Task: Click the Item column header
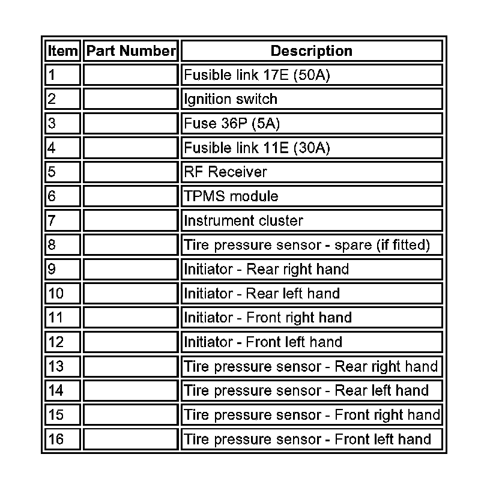pyautogui.click(x=63, y=51)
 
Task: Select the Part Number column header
pyautogui.click(x=131, y=51)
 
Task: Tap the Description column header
pyautogui.click(x=311, y=51)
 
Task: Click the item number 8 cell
pyautogui.click(x=63, y=245)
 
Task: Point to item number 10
pyautogui.click(x=63, y=294)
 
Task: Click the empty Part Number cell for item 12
pyautogui.click(x=131, y=342)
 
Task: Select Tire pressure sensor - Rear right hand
pyautogui.click(x=311, y=366)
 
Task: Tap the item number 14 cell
pyautogui.click(x=63, y=391)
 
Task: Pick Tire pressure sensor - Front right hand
pyautogui.click(x=312, y=415)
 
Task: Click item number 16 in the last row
pyautogui.click(x=63, y=440)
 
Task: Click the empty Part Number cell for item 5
pyautogui.click(x=131, y=172)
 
